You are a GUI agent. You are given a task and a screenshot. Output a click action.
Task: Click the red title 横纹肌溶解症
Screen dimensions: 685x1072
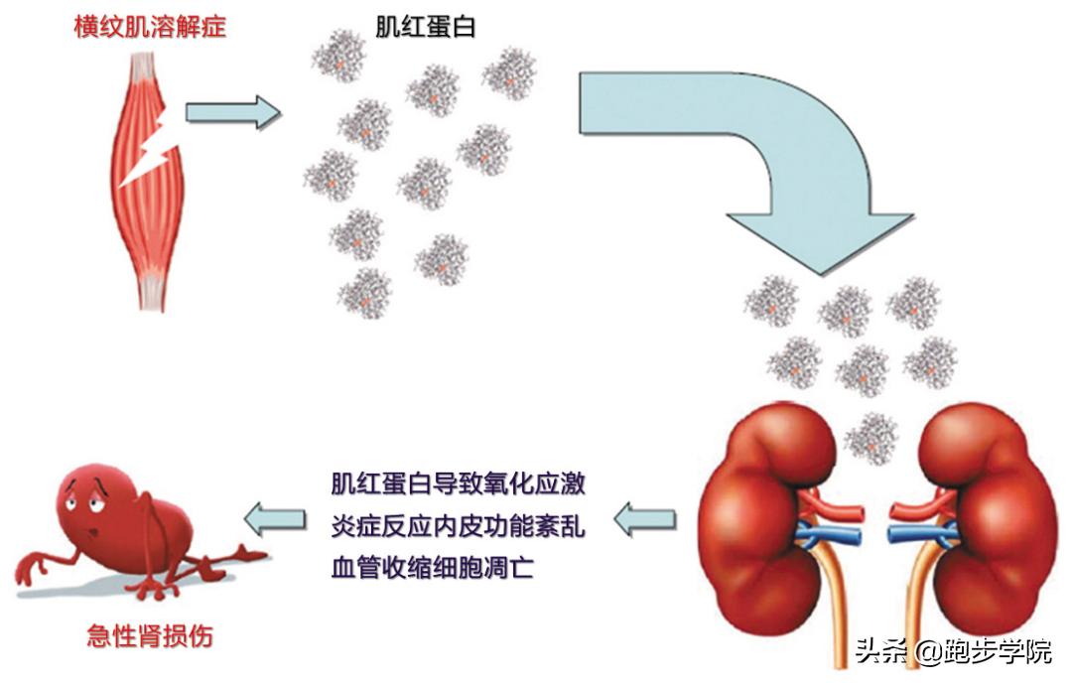150,26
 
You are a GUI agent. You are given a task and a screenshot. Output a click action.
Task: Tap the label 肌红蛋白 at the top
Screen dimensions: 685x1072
425,26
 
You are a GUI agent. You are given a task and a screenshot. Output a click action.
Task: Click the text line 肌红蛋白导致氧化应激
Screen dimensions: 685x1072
458,484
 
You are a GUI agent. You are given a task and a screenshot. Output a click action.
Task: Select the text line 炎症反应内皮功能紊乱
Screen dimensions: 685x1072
458,526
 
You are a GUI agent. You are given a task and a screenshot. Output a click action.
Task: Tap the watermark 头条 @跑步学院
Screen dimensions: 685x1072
953,652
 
